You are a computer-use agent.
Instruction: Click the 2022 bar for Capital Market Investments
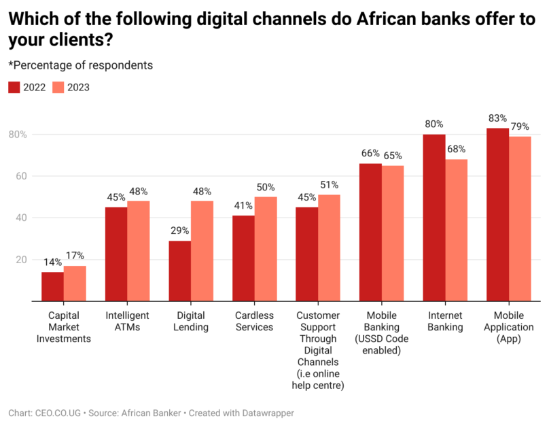52,286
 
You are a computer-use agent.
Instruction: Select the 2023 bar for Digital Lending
202,251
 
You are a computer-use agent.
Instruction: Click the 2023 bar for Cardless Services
266,249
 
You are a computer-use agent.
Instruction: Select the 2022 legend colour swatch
14,87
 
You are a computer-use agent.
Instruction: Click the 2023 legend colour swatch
58,87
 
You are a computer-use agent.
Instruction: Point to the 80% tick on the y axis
18,135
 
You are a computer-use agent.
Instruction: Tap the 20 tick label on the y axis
20,260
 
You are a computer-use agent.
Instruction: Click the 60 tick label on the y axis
20,176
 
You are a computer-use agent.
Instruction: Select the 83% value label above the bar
497,118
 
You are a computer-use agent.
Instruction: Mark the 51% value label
330,185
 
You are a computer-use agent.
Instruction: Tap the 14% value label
52,262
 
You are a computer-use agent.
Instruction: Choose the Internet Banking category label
445,322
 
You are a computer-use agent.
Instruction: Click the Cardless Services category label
254,322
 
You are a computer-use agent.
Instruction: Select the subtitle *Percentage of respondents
80,65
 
